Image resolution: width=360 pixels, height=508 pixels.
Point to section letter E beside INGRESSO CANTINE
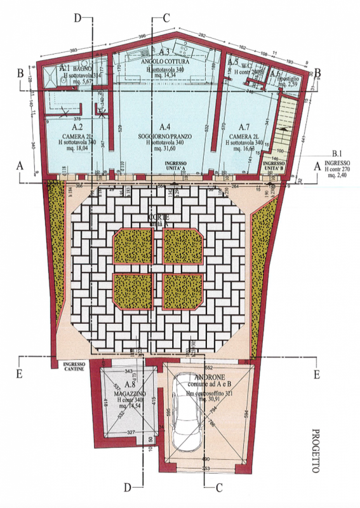19,374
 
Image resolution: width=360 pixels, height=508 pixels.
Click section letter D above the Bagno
78,18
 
